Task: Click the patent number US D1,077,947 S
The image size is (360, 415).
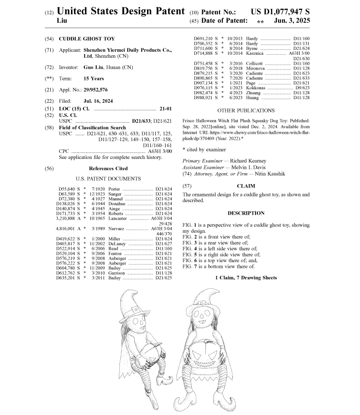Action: coord(280,11)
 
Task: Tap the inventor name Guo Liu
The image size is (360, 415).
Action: coord(94,67)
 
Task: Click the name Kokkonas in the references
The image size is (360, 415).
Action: coord(256,88)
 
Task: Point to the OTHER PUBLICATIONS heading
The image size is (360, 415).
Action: coord(246,111)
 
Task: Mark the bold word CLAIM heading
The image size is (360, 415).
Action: coord(246,187)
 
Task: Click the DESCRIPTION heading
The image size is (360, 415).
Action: coord(246,213)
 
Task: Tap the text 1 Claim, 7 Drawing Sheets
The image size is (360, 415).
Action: coord(246,278)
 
